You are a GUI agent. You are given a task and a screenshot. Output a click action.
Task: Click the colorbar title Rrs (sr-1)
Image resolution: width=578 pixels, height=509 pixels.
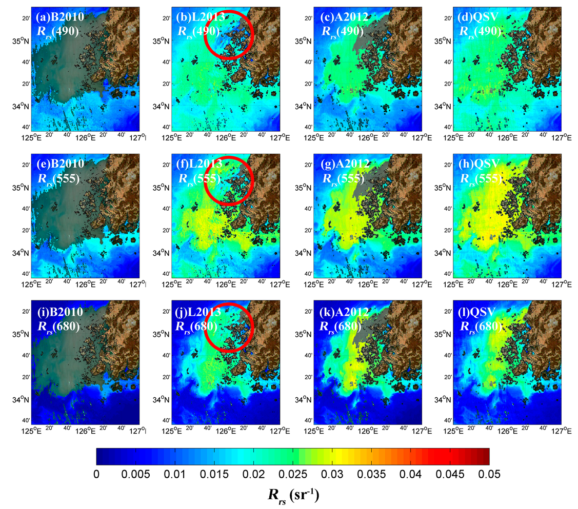293,495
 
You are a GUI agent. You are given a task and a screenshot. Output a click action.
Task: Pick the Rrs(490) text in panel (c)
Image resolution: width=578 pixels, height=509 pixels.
343,31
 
